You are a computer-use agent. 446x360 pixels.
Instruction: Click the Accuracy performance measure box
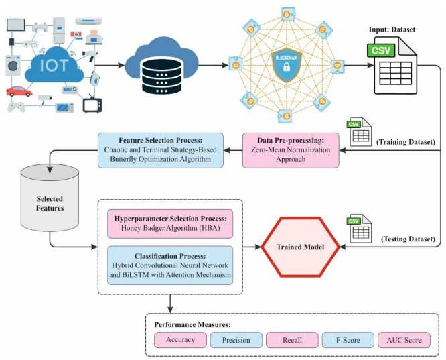(x=181, y=340)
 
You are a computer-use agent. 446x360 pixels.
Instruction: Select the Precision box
(x=236, y=340)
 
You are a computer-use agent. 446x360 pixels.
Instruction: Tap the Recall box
(x=291, y=340)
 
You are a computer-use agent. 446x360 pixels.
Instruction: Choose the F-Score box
(x=347, y=340)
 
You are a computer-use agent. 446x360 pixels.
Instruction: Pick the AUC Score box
(x=404, y=340)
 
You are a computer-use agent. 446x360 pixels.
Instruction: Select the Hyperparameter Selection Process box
(x=170, y=223)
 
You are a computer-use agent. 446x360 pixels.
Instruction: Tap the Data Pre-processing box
(x=291, y=148)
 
